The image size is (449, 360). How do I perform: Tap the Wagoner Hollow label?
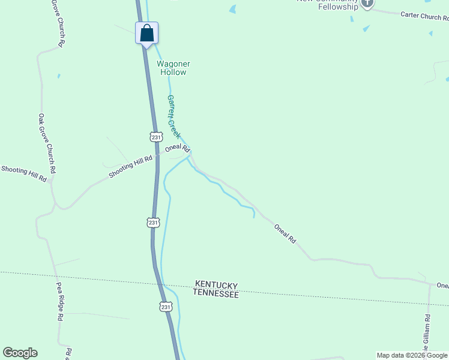tap(172, 68)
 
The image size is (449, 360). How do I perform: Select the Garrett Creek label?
tap(173, 116)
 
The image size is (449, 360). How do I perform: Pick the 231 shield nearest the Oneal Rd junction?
tap(157, 137)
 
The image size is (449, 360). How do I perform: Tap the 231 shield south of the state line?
tap(166, 307)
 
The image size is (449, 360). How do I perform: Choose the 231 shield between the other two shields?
tap(153, 223)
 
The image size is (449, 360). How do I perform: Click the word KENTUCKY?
tap(216, 286)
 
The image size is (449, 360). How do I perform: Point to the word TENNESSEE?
tap(216, 294)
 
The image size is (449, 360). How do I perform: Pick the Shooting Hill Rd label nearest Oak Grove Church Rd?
tap(23, 175)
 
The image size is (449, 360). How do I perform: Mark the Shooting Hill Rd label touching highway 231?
tap(131, 166)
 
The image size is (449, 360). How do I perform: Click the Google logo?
tap(20, 353)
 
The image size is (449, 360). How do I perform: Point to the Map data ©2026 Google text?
tap(412, 355)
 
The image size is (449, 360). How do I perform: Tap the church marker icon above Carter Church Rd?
tap(367, 4)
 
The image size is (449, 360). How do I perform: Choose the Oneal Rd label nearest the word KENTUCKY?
tap(285, 233)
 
